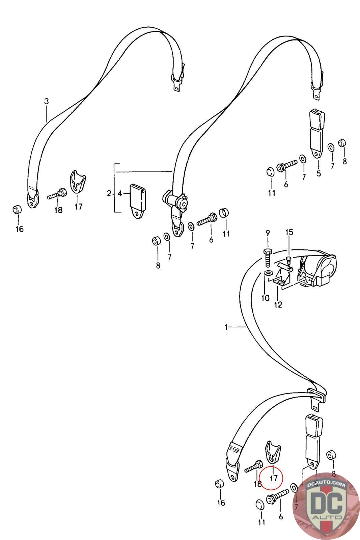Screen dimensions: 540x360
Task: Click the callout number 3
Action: tap(47, 101)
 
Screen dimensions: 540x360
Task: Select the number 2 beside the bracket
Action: tap(109, 193)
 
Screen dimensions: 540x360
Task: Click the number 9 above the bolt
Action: tap(268, 233)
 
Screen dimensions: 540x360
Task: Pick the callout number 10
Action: tap(265, 298)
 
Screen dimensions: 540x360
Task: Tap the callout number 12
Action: tap(278, 305)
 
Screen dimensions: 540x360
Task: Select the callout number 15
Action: tap(289, 233)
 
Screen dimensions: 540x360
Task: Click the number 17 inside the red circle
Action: tap(273, 478)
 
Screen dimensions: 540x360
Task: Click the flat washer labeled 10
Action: tap(268, 273)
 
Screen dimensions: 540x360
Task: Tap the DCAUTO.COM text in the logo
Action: tap(326, 485)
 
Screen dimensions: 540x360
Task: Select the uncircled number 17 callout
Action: tap(78, 207)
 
